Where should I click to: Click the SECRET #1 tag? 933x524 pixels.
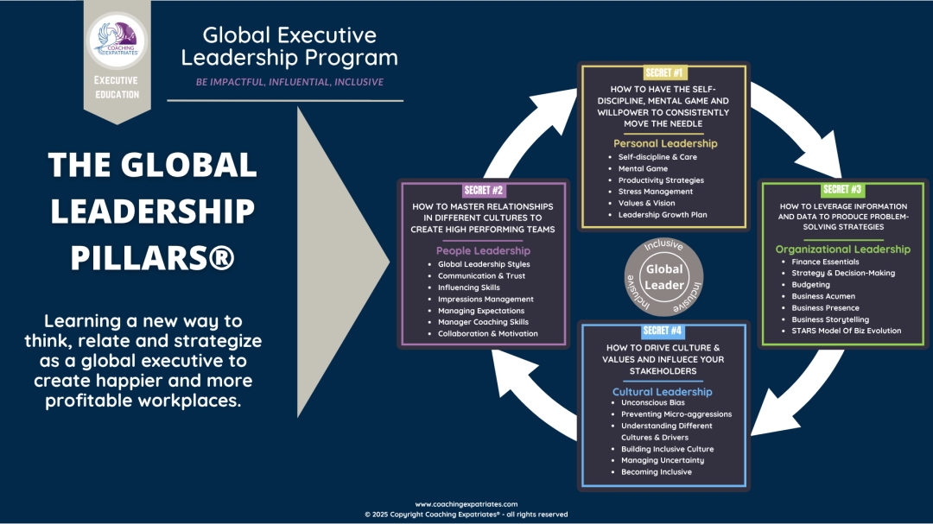click(x=664, y=73)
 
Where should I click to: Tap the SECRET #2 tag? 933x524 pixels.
click(x=483, y=189)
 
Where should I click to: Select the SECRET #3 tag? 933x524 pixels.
click(x=842, y=189)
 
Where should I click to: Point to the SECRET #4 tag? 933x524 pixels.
click(x=664, y=331)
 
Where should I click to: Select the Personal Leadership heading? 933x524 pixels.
click(x=664, y=143)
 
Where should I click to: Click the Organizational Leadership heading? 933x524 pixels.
click(x=842, y=249)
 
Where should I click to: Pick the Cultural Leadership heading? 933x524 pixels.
click(x=662, y=392)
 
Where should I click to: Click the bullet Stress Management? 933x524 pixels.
click(x=655, y=192)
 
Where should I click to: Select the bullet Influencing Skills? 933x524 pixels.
click(x=468, y=287)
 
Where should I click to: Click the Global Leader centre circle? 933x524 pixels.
click(x=664, y=277)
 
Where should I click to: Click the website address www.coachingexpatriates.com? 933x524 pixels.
click(x=466, y=504)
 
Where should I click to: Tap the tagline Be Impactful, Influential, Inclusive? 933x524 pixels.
click(x=284, y=82)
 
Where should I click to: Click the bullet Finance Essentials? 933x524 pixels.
click(x=825, y=262)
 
